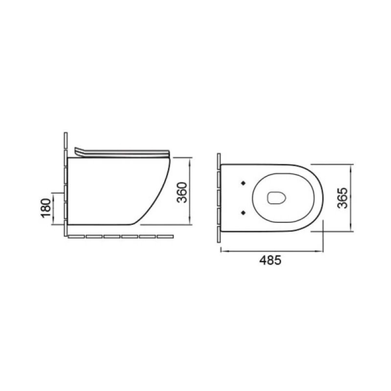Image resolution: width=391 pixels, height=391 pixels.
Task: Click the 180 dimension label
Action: [x=46, y=208]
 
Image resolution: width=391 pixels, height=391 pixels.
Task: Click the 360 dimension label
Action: [x=182, y=193]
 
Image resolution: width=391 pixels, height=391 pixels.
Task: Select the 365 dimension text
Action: [x=342, y=198]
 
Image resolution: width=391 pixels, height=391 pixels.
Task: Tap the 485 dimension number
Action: [x=270, y=261]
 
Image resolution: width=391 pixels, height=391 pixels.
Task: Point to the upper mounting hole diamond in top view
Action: [x=243, y=183]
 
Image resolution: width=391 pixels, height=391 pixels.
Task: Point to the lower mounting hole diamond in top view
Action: [x=243, y=213]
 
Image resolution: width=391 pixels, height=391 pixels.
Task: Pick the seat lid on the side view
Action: [x=122, y=153]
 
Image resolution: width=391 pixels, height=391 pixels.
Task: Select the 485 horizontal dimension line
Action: [x=272, y=251]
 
